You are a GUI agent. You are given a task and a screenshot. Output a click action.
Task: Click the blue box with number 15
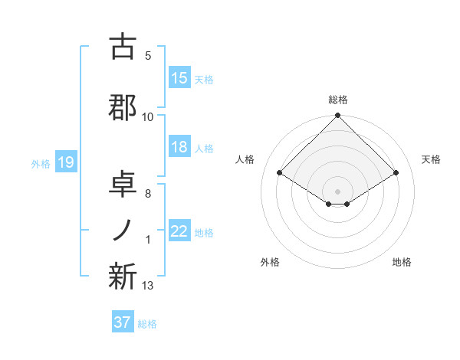point(179,78)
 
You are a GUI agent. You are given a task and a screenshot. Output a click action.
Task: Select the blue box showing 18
point(179,148)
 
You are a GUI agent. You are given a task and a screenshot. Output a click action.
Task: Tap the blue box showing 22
point(179,231)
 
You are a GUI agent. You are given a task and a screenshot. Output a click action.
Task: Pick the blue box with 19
point(65,162)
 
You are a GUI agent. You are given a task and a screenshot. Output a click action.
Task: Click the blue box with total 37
point(123,322)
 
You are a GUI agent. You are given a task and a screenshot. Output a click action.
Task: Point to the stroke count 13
point(148,286)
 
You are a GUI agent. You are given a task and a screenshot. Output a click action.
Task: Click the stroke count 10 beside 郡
point(148,117)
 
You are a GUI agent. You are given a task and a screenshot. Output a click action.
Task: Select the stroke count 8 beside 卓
point(148,194)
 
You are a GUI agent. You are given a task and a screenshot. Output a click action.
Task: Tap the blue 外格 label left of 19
point(41,163)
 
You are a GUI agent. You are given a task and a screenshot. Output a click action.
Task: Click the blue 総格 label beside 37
point(147,324)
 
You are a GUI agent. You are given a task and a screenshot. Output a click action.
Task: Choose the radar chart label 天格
point(431,159)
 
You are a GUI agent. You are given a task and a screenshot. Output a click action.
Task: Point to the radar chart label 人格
point(245,159)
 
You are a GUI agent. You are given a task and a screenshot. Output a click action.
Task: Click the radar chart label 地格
point(402,262)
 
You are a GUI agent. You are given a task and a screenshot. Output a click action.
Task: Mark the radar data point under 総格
point(337,116)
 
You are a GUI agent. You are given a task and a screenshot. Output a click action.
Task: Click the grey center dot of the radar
point(337,190)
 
